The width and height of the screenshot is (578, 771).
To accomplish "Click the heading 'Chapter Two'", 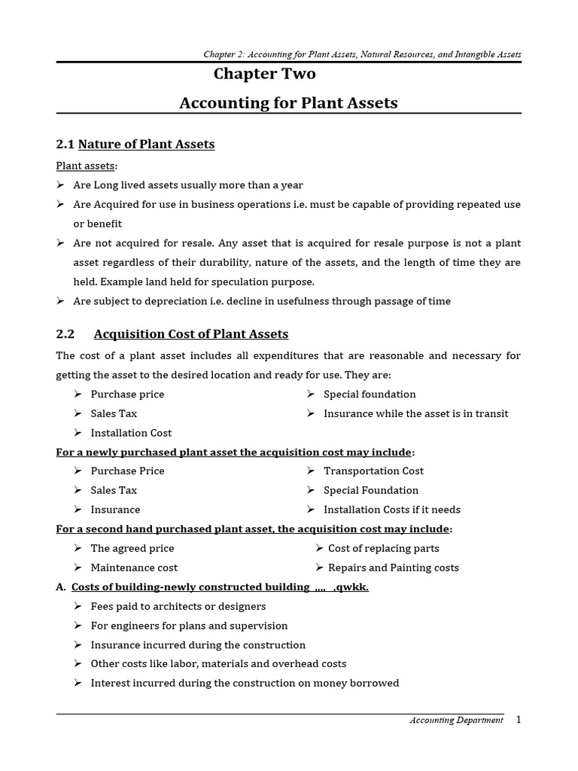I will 265,74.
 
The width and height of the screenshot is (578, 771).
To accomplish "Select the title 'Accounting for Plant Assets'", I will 288,102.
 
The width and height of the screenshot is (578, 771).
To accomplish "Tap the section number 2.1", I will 65,144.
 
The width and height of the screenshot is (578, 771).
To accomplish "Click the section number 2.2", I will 65,334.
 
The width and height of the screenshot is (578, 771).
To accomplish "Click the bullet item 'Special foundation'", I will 370,394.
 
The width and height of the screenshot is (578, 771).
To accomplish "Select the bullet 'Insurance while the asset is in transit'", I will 415,413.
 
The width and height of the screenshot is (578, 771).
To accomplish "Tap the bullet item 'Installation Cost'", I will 131,433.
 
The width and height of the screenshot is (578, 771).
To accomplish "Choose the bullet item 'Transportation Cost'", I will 373,471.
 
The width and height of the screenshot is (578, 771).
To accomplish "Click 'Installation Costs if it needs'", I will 391,510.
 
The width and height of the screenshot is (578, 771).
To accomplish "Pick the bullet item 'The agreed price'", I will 132,548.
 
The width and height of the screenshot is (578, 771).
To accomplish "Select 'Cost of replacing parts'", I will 383,548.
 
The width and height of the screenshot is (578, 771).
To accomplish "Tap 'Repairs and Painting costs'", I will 393,568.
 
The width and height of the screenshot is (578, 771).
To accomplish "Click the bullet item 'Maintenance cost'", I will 134,568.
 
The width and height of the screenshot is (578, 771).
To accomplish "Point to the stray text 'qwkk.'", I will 351,587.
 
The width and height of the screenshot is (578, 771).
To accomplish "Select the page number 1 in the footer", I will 518,720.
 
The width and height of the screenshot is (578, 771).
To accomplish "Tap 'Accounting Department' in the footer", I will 456,721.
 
